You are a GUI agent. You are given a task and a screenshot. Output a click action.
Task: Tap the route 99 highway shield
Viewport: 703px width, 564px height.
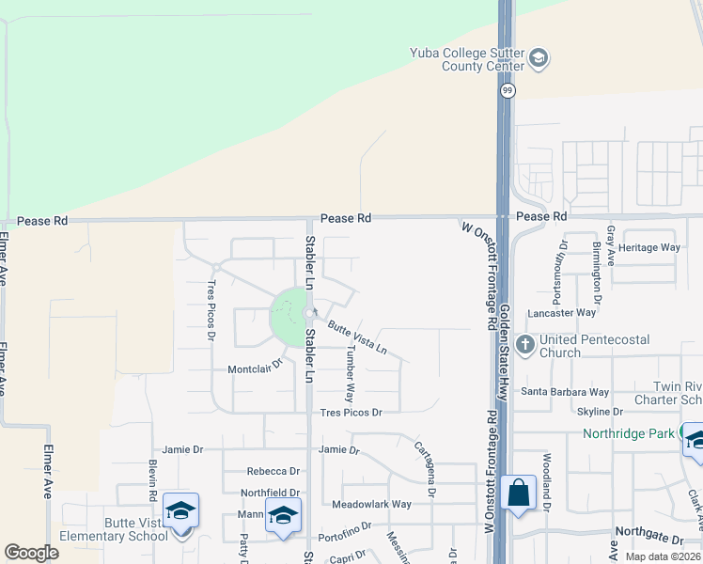click(x=508, y=90)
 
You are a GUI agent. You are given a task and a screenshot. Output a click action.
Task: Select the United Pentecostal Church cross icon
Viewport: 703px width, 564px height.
click(x=524, y=345)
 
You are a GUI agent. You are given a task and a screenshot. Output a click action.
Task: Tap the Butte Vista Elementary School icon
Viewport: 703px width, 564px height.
click(x=180, y=511)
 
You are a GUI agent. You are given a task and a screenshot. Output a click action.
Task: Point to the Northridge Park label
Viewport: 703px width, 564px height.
click(x=629, y=433)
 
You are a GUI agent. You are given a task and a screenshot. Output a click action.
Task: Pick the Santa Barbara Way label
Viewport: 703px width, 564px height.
click(x=565, y=392)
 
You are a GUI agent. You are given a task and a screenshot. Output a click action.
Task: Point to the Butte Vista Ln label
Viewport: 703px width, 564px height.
click(x=357, y=337)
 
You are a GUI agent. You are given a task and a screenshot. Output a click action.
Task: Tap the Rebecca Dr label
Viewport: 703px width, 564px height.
click(x=273, y=471)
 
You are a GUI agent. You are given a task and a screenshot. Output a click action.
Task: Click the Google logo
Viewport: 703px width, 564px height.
click(x=31, y=553)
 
